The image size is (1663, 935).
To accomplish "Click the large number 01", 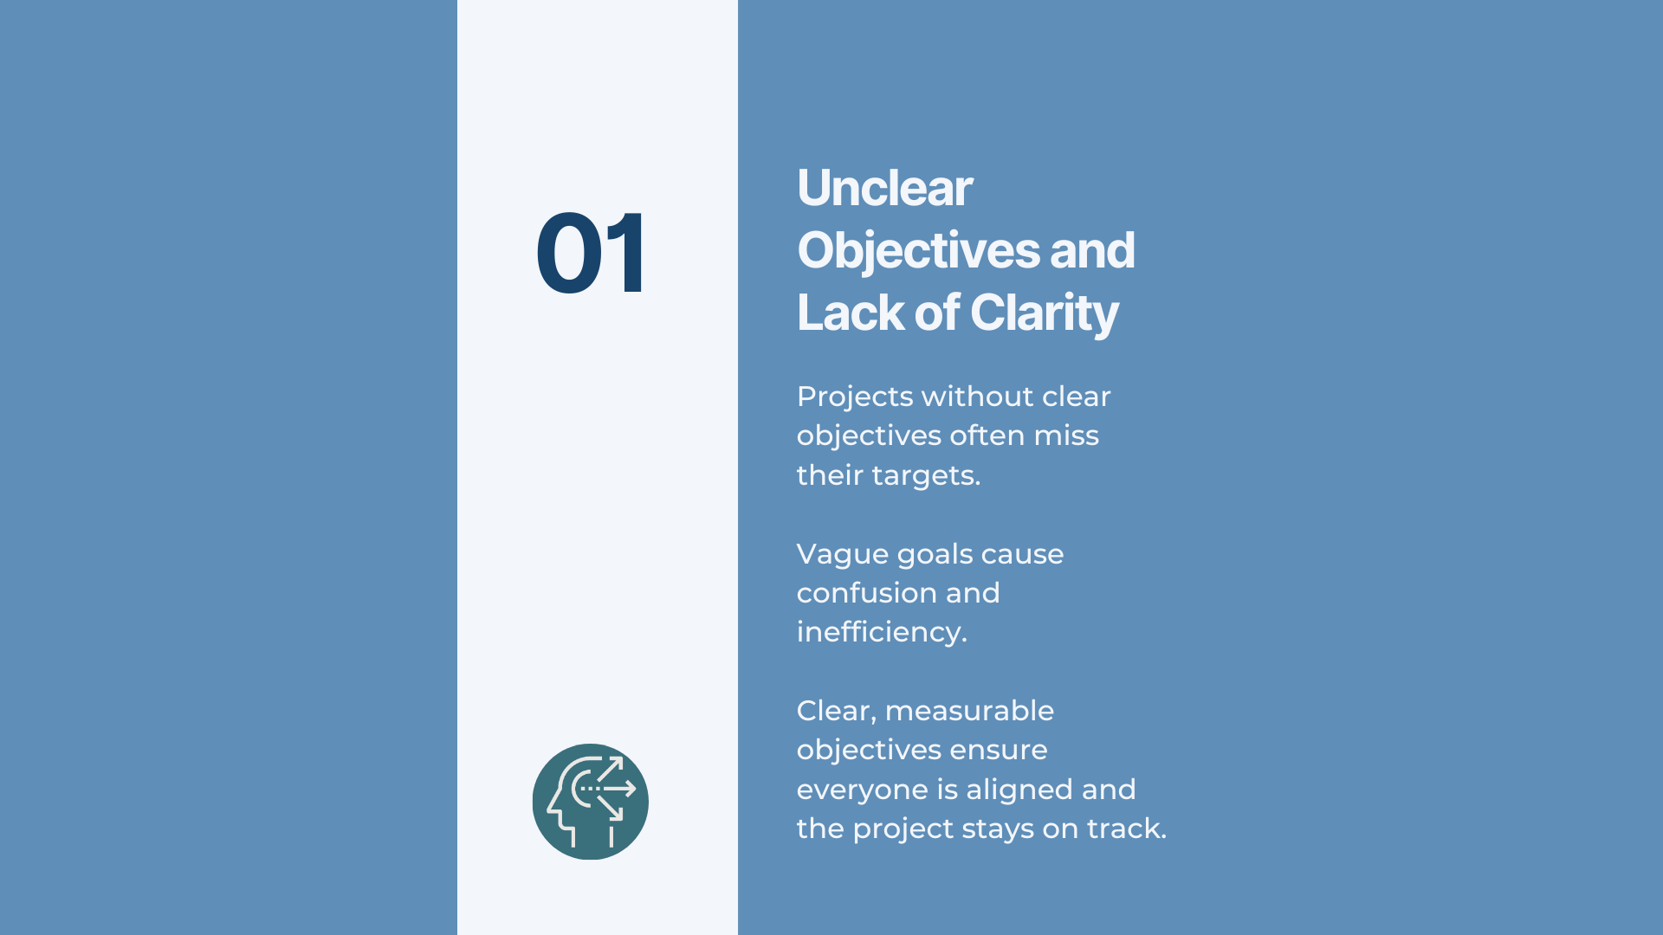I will (591, 253).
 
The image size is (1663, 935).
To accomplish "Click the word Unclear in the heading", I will (884, 188).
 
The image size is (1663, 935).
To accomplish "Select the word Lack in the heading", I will (835, 313).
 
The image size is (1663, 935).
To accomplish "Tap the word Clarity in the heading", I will (1044, 313).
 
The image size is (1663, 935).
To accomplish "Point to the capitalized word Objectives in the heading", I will (918, 251).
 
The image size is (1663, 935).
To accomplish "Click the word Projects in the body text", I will (855, 397).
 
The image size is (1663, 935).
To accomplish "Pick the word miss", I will (1066, 435).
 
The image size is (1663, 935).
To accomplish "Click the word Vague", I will (842, 554).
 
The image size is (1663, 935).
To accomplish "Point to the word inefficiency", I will (881, 632).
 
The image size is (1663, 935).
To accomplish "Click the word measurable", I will (969, 711).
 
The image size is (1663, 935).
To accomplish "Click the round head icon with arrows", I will (591, 802).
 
